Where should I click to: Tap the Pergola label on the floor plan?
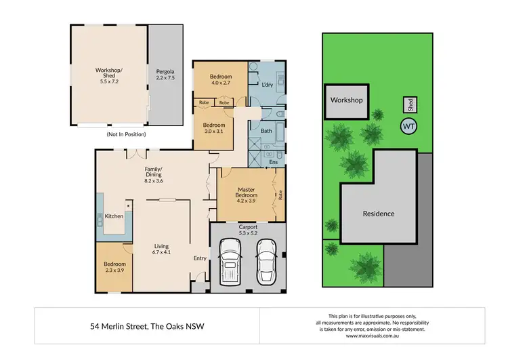pos(165,75)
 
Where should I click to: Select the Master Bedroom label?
pos(245,196)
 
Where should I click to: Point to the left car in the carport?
pos(231,265)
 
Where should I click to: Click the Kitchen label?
pos(114,216)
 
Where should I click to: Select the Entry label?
pos(200,258)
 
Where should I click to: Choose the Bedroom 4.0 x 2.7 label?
pos(221,79)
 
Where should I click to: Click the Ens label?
pos(274,163)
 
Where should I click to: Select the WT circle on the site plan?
pos(409,126)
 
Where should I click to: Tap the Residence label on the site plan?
pos(378,214)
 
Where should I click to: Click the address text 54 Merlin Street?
pos(148,326)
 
